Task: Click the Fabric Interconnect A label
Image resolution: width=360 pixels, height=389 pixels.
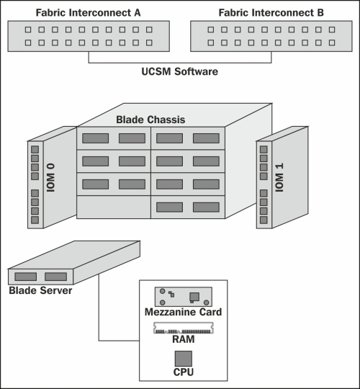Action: (x=88, y=13)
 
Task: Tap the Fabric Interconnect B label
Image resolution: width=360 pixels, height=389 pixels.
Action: (x=271, y=13)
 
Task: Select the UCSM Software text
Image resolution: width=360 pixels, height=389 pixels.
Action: (x=180, y=71)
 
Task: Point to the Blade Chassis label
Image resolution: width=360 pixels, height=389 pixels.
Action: (x=150, y=120)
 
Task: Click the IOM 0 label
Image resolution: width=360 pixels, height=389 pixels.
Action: (x=50, y=178)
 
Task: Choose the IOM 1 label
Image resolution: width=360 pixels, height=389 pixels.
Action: (x=279, y=178)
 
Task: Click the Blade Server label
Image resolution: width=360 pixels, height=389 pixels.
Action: (x=40, y=290)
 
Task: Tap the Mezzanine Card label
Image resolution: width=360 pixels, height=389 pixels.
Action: (x=183, y=312)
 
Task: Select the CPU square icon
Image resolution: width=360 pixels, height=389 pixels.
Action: (x=184, y=359)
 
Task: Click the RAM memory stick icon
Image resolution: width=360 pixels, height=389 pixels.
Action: (x=184, y=328)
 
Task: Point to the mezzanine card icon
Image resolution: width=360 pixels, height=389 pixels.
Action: (x=184, y=297)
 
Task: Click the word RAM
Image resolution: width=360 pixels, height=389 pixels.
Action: (x=184, y=339)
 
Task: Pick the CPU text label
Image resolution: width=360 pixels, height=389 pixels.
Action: (x=184, y=372)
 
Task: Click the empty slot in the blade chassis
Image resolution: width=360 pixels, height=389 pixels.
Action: (x=114, y=207)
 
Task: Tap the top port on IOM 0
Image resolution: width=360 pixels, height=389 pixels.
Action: (x=35, y=150)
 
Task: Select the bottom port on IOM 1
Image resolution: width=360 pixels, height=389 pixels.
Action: (x=264, y=220)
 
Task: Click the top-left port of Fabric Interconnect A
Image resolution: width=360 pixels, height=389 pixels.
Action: (x=28, y=30)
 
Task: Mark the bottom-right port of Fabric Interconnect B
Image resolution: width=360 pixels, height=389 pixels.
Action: (x=332, y=43)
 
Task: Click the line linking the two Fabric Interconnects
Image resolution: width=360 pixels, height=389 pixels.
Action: (x=180, y=63)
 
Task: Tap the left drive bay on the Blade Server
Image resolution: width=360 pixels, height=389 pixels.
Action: (x=25, y=277)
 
